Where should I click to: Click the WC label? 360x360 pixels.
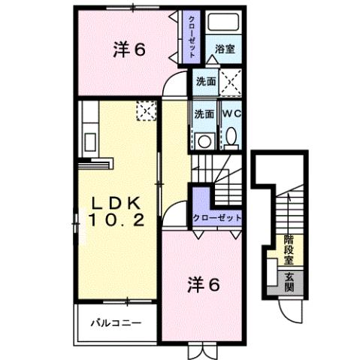click(231, 113)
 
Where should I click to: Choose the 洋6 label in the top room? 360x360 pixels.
click(129, 50)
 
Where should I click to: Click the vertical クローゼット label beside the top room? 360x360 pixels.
click(193, 38)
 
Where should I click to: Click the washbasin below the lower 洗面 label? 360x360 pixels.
click(203, 138)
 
